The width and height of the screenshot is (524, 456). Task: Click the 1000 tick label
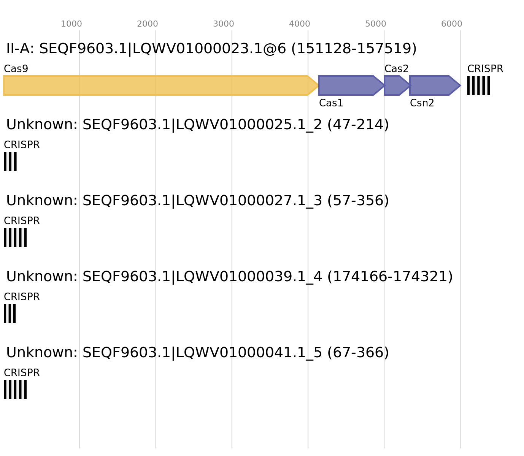coord(71,24)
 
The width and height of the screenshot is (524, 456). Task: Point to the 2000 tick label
coord(148,24)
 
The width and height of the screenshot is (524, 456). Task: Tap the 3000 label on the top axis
coord(224,24)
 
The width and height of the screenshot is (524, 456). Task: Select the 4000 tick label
coord(300,24)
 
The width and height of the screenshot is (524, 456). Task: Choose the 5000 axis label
coord(376,24)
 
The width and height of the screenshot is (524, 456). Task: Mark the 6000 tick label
coord(452,24)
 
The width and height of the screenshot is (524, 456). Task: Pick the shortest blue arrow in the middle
coord(395,85)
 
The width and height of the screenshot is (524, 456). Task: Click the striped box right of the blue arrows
coord(478,85)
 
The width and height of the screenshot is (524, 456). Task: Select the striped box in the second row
coord(10,161)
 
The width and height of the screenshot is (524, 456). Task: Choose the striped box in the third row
coord(15,237)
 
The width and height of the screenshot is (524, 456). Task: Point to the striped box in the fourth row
coord(10,313)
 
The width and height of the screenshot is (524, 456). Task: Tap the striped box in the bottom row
coord(15,389)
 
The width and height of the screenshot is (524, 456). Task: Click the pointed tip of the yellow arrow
coord(316,85)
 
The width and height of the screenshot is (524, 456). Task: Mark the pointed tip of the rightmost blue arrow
coord(459,85)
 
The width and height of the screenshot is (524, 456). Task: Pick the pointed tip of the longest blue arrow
coord(383,85)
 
